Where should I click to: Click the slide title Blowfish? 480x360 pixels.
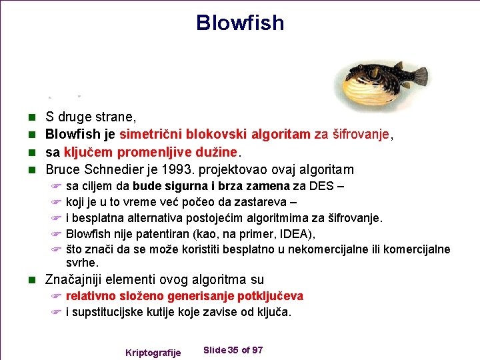(240, 23)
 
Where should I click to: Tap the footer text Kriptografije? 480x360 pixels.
(153, 352)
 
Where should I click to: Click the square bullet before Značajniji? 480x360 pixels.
(35, 280)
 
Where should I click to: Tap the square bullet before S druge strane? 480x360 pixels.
(35, 118)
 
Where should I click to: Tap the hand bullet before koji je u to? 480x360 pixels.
(56, 202)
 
